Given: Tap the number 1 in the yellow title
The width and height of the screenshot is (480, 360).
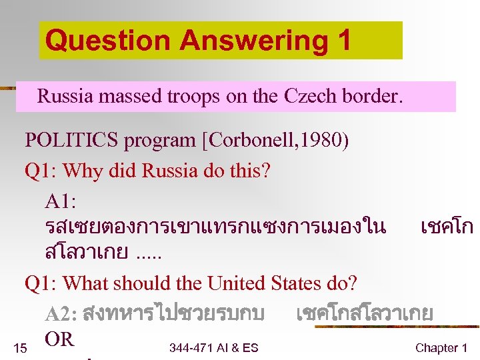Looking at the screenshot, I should tap(343, 41).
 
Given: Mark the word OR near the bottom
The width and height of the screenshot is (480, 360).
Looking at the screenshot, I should tap(59, 339).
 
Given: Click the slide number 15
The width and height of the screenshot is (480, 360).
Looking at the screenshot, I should tap(20, 347).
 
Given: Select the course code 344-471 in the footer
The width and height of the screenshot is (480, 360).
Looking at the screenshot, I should tap(192, 347).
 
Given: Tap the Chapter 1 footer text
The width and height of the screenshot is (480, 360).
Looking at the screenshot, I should tap(441, 347).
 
